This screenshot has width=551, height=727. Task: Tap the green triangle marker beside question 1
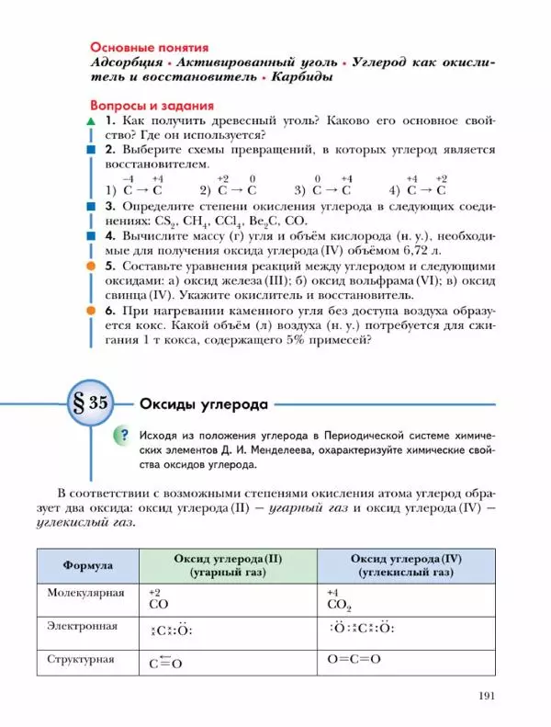point(90,122)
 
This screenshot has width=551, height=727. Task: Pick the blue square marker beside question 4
point(90,235)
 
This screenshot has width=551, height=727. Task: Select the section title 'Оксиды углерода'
point(203,403)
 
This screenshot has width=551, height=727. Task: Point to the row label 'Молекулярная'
point(85,593)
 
